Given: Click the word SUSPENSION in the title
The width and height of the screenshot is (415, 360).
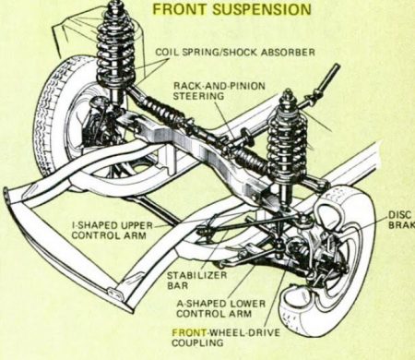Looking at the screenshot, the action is (x=262, y=9).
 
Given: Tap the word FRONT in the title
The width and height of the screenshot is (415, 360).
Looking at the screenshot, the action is (x=180, y=9).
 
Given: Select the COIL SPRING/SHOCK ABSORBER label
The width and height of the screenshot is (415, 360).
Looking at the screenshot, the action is (x=235, y=52).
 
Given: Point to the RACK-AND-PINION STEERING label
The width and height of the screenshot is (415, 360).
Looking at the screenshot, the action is (x=219, y=90).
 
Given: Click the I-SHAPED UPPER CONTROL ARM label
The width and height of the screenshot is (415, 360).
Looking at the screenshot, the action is (x=112, y=231).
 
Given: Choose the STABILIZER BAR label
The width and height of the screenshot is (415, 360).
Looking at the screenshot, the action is (x=196, y=280).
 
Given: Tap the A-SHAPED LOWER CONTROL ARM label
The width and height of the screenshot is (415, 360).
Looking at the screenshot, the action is (x=220, y=308).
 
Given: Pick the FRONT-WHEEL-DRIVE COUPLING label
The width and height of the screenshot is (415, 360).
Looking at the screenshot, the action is (x=226, y=338).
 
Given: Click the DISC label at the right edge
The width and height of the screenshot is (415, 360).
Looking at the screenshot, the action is (x=399, y=214).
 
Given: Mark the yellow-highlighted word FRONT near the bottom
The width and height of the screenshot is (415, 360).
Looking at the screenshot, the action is (x=189, y=332).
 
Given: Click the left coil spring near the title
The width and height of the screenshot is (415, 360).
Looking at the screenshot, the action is (x=116, y=46).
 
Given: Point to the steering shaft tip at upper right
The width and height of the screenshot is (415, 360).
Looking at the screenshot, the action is (x=337, y=66).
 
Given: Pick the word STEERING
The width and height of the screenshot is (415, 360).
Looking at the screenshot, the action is (x=198, y=96).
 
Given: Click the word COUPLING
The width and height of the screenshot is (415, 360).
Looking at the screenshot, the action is (x=197, y=342).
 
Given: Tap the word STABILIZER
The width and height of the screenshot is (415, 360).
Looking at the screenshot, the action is (x=196, y=275).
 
